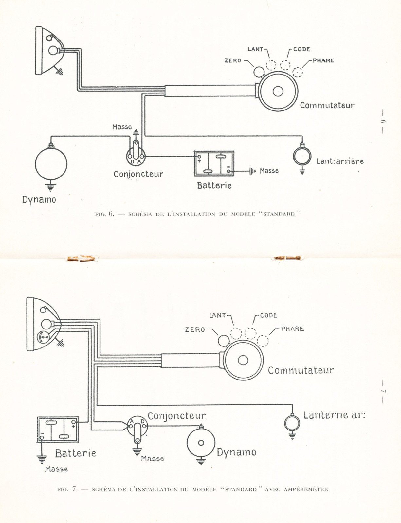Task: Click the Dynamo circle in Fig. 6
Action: pos(51,164)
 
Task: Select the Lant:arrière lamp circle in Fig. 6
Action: pos(302,157)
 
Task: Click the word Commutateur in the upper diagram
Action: pos(327,105)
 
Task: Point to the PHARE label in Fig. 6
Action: pos(323,60)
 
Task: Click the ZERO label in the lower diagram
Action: pos(195,329)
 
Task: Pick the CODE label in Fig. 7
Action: pos(268,315)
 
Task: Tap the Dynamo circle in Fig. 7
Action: pos(201,443)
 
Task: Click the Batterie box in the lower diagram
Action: pos(58,430)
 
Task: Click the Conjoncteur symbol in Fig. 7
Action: pos(137,427)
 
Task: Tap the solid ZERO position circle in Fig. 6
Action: pos(259,72)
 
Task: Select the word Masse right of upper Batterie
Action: pos(269,171)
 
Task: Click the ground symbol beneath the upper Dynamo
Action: pos(50,187)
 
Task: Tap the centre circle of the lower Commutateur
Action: pos(243,360)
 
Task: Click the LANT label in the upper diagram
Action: pos(255,49)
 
